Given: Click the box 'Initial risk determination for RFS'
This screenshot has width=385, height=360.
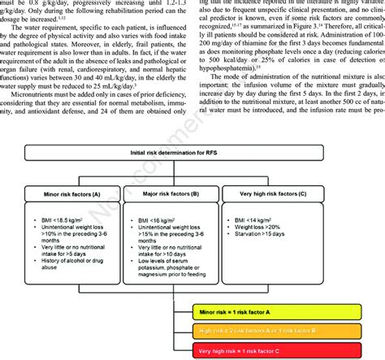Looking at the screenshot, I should (193, 176).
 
